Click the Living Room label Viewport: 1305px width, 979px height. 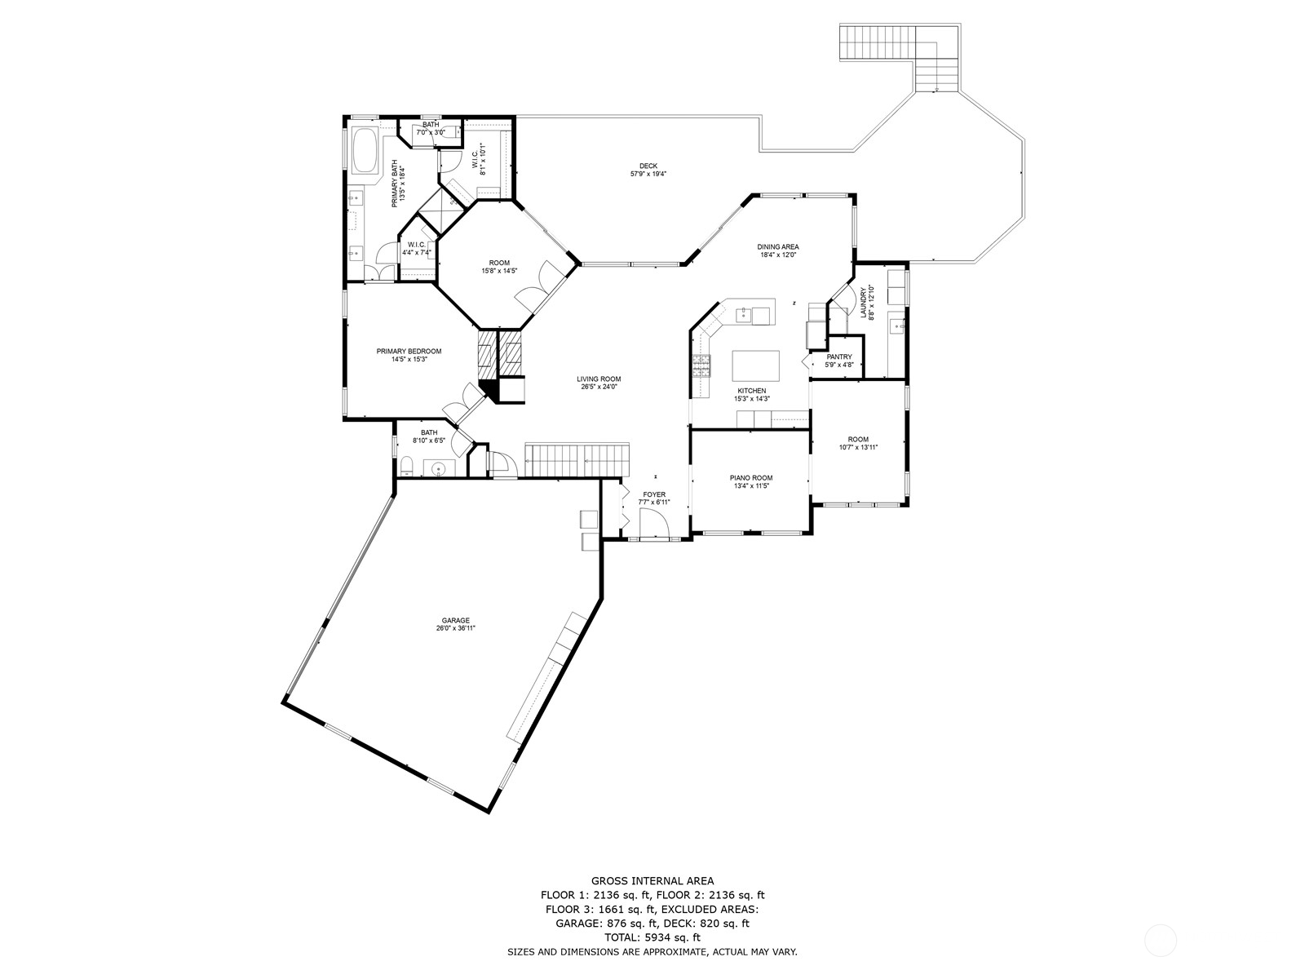pos(599,379)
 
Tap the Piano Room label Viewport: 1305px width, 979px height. pos(750,478)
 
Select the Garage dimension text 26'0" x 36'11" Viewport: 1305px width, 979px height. pos(455,628)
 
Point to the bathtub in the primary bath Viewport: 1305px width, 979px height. pos(365,150)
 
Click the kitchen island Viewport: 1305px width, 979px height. pos(755,365)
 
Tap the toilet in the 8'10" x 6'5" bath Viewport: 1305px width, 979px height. pos(406,467)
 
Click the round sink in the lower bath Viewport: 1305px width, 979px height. pos(438,468)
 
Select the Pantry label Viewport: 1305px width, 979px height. pos(839,357)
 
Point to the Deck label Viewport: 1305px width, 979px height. pos(648,166)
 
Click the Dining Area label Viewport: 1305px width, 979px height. pos(777,246)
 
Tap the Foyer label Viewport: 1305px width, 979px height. pos(654,494)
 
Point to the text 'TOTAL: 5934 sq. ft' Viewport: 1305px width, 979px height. pos(652,937)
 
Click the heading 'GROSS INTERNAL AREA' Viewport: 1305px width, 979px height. pos(652,880)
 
